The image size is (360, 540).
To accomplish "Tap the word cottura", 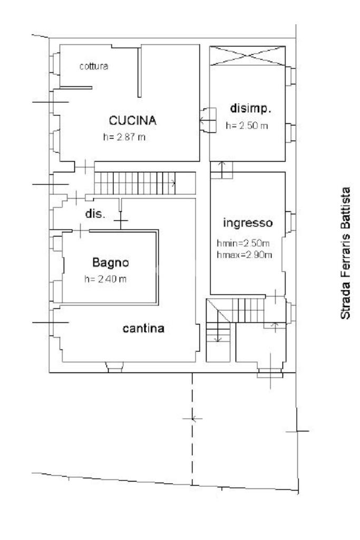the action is click(94, 66).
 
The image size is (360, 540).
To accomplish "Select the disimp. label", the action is click(251, 109).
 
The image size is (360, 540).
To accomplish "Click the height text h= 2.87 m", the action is click(125, 136).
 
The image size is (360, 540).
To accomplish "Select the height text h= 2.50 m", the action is click(247, 126).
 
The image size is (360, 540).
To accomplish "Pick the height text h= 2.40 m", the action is click(106, 279).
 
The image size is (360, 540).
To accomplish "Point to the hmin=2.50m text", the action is click(244, 244).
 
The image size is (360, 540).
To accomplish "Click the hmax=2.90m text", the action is click(244, 256).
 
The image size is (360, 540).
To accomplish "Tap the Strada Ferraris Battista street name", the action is click(346, 253).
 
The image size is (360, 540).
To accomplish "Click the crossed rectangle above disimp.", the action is click(247, 56).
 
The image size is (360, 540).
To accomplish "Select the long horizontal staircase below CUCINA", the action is click(136, 183).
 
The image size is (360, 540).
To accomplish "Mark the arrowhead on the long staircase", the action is click(173, 183).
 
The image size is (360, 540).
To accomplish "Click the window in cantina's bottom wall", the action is click(114, 367).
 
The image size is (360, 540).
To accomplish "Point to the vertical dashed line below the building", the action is click(192, 427).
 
